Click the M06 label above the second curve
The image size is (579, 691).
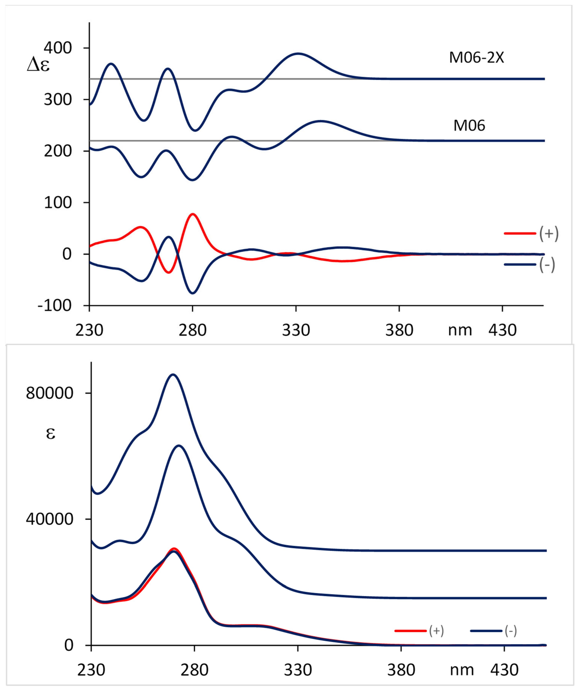[x=469, y=126]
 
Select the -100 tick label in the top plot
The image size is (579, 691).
[x=54, y=306]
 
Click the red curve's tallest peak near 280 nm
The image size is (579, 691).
[x=193, y=214]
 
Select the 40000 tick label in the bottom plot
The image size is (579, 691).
[x=49, y=519]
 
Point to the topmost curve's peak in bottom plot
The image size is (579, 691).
[x=173, y=374]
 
